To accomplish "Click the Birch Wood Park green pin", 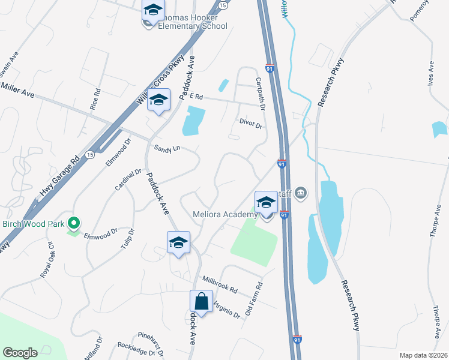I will (x=74, y=224).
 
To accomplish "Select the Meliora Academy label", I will (x=225, y=215).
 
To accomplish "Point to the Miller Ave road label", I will (x=18, y=91).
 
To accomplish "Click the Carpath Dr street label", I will (x=261, y=94).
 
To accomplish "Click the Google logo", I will (x=20, y=352).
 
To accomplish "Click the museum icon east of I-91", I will (x=301, y=193).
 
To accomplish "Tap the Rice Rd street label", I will (x=96, y=99).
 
